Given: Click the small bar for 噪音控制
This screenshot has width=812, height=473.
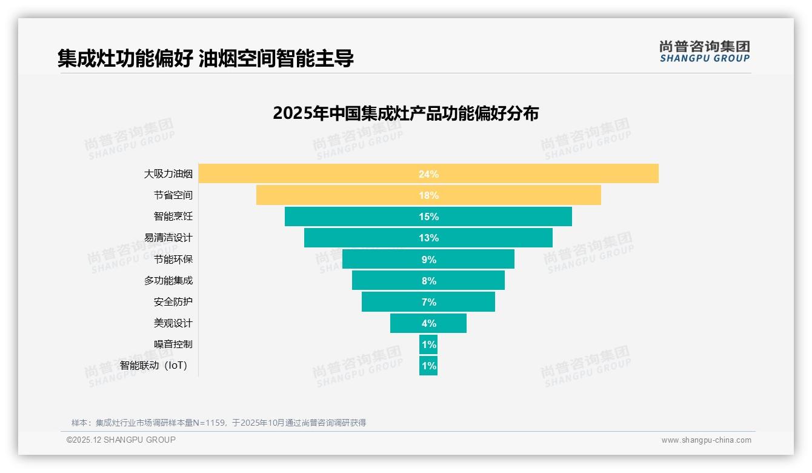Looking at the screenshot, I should click(x=428, y=344).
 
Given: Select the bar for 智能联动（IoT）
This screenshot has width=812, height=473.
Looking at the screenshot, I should click(x=428, y=366).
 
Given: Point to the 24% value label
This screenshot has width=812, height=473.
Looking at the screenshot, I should click(x=428, y=174).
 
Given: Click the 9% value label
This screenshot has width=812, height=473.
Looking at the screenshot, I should click(x=428, y=260).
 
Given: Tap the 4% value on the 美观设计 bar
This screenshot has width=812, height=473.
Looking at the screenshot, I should click(x=428, y=323).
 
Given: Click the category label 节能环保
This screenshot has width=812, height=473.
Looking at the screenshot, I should click(x=173, y=259).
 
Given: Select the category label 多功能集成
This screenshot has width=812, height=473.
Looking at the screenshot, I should click(x=168, y=280).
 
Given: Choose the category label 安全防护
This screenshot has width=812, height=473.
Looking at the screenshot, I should click(x=173, y=301).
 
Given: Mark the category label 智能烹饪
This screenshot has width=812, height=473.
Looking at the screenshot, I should click(x=173, y=216).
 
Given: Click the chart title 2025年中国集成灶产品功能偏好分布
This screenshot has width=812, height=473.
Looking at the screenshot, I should click(x=405, y=113).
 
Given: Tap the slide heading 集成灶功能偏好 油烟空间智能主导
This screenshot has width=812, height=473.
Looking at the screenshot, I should click(x=205, y=58).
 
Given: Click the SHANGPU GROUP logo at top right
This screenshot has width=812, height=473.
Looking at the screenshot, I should click(x=704, y=52).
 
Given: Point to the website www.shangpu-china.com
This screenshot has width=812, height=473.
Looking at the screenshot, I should click(x=706, y=440).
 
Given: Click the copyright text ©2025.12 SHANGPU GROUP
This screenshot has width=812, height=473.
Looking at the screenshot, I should click(x=121, y=440).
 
